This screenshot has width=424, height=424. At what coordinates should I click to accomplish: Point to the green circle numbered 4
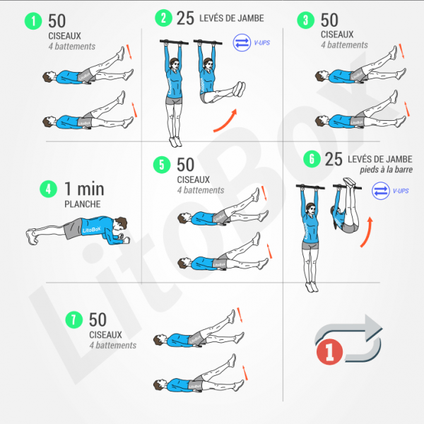pos(48,189)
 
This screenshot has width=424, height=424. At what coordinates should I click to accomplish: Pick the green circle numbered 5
pos(163,165)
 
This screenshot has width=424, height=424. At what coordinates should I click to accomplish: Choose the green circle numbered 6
pos(310,160)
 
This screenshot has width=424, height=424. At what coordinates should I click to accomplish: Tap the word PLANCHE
pos(83,204)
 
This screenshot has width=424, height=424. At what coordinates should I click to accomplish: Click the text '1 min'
pos(84,189)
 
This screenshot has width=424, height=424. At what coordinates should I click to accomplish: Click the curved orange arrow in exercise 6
pos(365,234)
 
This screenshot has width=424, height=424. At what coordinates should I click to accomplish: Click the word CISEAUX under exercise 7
pos(105,335)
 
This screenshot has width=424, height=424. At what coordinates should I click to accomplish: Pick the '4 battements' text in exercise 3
pos(344,45)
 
